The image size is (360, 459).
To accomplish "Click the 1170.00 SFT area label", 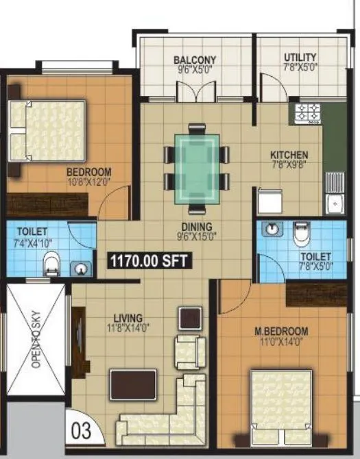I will click(x=148, y=260).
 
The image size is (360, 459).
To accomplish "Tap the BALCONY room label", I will click(x=195, y=60).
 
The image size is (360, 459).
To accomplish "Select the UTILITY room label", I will click(x=300, y=58).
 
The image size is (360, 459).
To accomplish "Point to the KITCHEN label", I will click(x=289, y=155).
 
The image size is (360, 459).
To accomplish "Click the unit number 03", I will click(x=80, y=432).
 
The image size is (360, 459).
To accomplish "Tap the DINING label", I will click(x=197, y=226).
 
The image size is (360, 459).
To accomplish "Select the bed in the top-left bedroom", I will click(x=48, y=131).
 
